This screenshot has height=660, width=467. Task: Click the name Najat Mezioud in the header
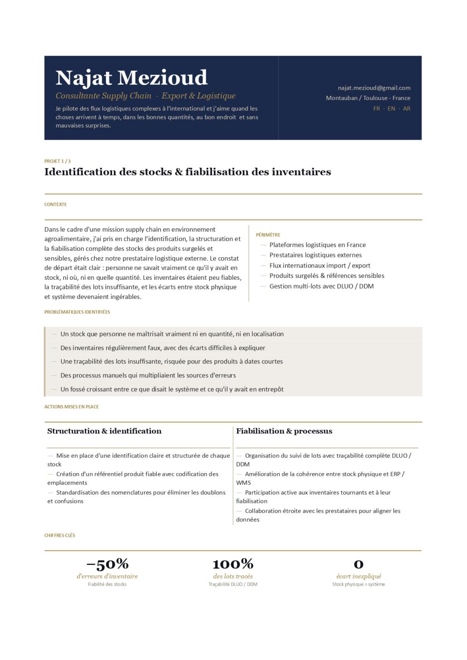(131, 78)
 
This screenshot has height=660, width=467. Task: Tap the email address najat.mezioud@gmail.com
(374, 88)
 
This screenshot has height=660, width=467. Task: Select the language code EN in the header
(391, 108)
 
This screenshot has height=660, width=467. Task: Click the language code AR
(407, 108)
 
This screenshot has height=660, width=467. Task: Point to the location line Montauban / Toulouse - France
(368, 98)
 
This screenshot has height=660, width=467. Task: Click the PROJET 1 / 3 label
(57, 161)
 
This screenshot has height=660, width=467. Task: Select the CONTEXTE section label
(56, 205)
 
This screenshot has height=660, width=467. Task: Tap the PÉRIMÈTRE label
(268, 235)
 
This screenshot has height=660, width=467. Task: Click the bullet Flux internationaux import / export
(319, 265)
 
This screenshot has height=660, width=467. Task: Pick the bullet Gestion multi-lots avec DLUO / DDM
(321, 286)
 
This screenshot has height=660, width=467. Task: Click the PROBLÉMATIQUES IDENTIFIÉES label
(77, 312)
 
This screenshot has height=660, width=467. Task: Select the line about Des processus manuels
(148, 375)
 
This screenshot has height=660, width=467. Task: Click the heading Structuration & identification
(104, 431)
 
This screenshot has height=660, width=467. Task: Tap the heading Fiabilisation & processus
(284, 431)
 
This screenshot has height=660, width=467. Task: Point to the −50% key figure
(107, 564)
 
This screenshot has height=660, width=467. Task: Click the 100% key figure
(233, 564)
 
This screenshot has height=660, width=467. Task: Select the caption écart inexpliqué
(359, 576)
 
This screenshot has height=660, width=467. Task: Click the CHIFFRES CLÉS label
(60, 535)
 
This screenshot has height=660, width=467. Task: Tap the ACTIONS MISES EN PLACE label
(71, 407)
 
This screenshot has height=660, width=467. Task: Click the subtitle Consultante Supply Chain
(103, 96)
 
